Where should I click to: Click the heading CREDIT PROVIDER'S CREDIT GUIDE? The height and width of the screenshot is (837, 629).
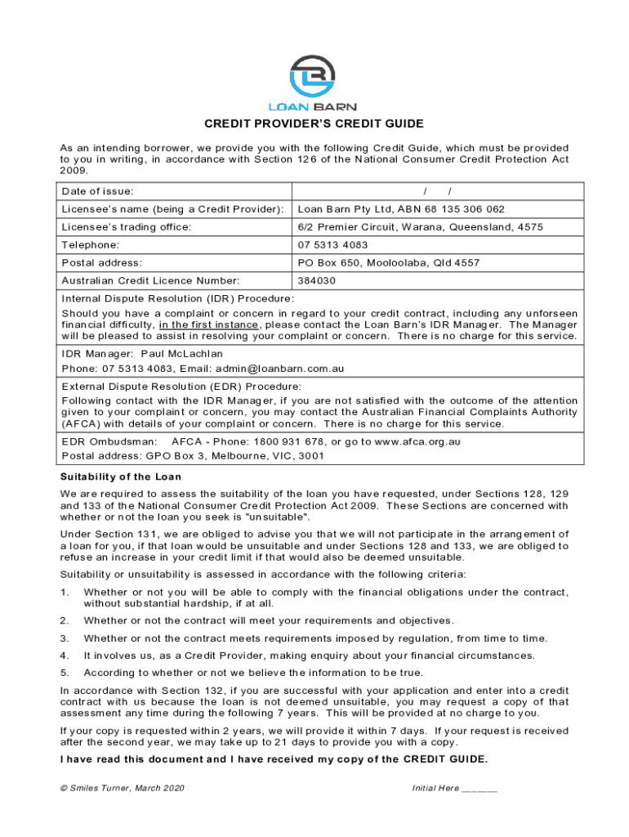(314, 124)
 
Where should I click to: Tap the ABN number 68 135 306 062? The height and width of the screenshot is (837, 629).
(468, 209)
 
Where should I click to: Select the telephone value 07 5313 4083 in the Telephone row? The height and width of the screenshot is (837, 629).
(332, 245)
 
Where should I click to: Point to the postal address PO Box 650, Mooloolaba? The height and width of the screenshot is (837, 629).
(388, 263)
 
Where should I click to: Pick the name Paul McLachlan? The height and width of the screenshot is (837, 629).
(181, 354)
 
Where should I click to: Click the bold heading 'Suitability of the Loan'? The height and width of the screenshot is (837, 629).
(121, 477)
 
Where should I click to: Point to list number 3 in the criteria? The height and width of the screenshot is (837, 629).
(64, 638)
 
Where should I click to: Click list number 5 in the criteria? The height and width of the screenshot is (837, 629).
(64, 673)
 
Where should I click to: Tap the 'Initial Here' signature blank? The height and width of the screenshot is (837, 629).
(479, 788)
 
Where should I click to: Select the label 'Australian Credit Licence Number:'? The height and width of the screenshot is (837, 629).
(150, 281)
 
